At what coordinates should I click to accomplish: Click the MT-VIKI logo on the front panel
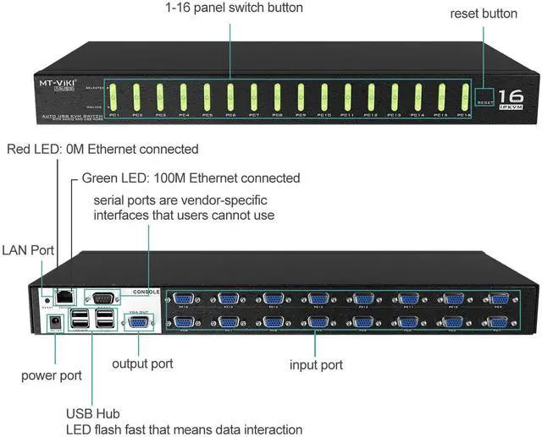click(x=59, y=85)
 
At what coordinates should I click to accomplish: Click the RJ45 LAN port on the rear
click(x=64, y=294)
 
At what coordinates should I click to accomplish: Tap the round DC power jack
click(x=57, y=322)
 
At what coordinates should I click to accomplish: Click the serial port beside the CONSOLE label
click(x=101, y=297)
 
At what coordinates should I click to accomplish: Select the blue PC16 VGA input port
click(x=184, y=298)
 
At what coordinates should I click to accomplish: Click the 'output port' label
click(x=142, y=363)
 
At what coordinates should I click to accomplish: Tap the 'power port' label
click(x=50, y=375)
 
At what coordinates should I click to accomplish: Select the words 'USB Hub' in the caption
click(x=93, y=413)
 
